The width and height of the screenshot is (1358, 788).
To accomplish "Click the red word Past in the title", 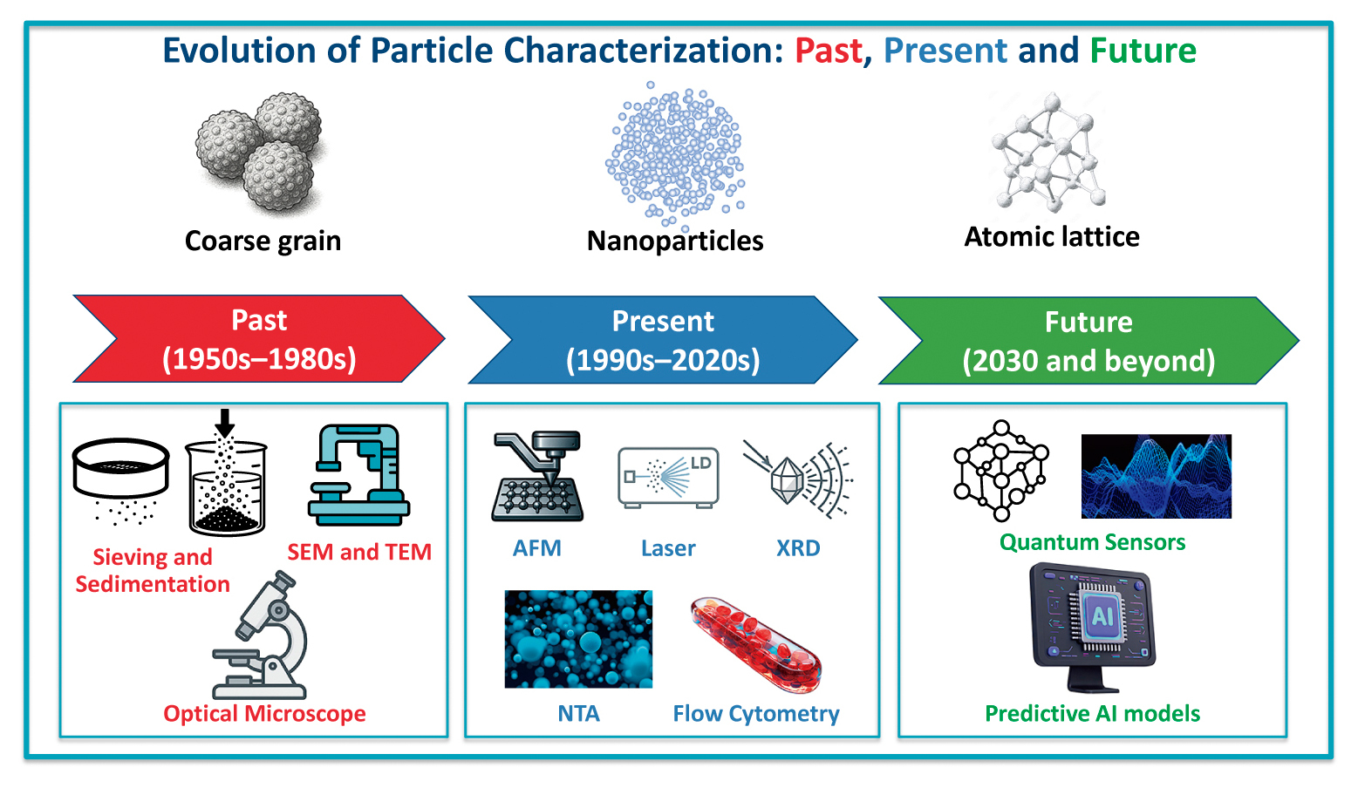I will [828, 51].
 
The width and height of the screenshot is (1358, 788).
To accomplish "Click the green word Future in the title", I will [1143, 51].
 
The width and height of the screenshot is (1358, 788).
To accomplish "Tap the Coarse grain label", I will [263, 241].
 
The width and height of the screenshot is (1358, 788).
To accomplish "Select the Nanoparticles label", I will [675, 241].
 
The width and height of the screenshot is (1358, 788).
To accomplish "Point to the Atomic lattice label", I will [1052, 236].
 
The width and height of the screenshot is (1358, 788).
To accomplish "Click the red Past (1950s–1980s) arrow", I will [259, 339].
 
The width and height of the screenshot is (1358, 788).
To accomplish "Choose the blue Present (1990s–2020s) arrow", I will [663, 340].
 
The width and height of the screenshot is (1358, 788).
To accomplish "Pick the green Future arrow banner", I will [1088, 341].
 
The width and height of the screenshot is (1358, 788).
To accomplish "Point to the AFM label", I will [536, 548].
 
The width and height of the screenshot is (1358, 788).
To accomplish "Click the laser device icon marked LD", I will [668, 476].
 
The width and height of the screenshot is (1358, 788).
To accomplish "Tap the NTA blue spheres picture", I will [578, 639].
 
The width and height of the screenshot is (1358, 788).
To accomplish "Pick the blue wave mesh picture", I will [1156, 477].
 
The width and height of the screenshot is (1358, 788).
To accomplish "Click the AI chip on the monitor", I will [1102, 616].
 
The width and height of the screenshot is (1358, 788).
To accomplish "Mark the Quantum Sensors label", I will [1092, 542].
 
